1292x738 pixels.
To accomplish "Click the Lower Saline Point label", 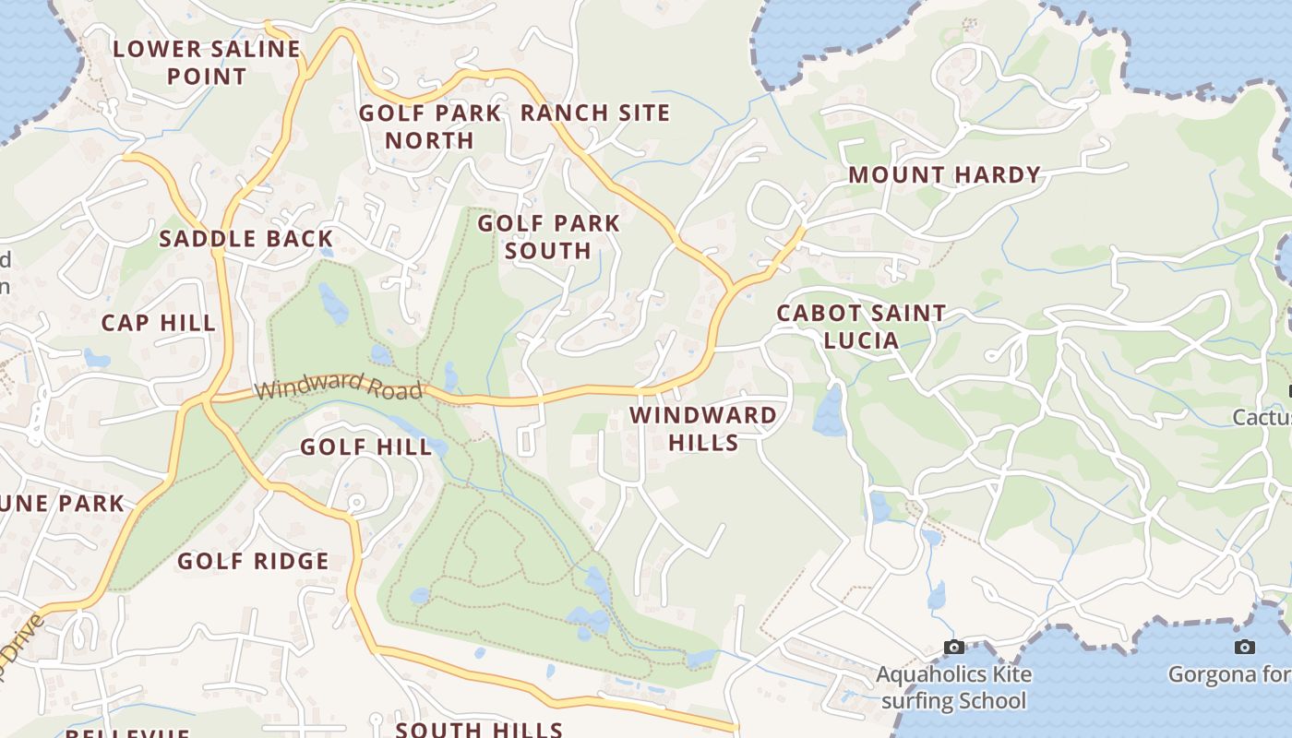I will pos(207,63).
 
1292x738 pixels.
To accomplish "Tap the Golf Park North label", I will pos(430,126).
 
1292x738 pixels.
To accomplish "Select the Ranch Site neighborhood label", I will pos(595,113).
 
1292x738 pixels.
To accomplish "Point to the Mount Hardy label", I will pos(944,174).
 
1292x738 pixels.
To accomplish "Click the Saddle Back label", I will pos(245,239).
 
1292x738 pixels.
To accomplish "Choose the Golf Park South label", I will pos(548,237).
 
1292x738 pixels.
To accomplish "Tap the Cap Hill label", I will pos(158,323).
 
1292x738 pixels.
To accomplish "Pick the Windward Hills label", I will pos(703,429).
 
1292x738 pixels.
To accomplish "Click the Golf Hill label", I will pos(366,447).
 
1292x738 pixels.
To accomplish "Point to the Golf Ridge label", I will pos(253,561).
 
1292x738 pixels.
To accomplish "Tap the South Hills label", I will pos(479,730).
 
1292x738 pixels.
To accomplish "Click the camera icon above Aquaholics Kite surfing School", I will pos(954,648).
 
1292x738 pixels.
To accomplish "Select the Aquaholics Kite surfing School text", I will pos(953,687).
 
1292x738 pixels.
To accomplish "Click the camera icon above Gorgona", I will pos(1244,647).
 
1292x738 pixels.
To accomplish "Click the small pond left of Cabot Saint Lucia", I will pos(829,412).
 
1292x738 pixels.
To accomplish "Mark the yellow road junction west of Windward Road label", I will pos(205,399).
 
